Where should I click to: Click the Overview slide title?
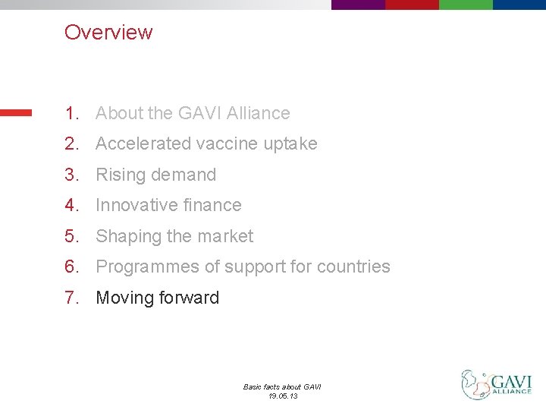[108, 33]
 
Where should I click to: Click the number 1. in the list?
[72, 113]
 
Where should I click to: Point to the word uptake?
[290, 143]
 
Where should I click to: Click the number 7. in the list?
[72, 298]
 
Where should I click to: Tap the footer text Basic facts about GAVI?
[282, 387]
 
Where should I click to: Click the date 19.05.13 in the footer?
[282, 396]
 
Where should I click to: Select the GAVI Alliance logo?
[497, 384]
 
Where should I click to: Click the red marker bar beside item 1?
[16, 112]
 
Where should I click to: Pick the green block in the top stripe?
[466, 5]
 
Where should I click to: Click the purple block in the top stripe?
[358, 5]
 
